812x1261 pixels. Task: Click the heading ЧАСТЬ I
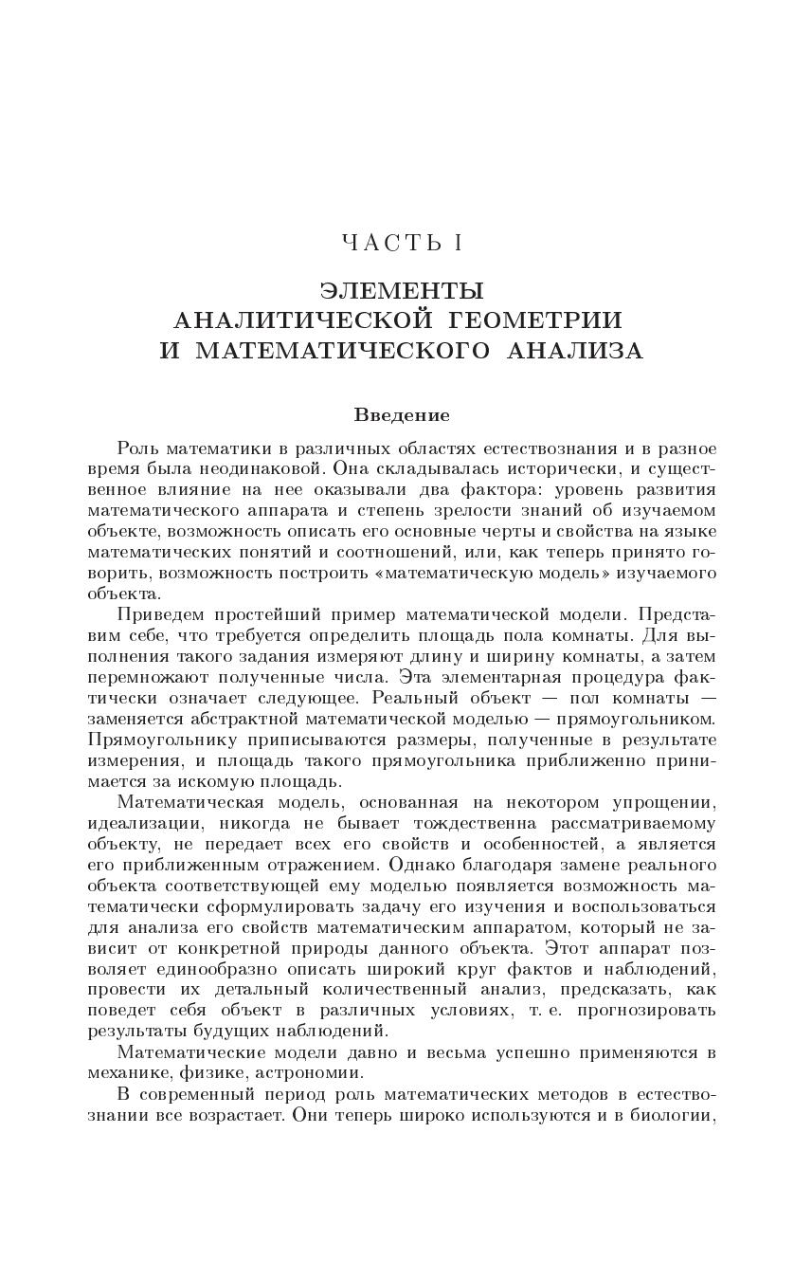[402, 243]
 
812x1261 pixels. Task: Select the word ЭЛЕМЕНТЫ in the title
[402, 290]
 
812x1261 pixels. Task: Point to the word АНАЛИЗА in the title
[576, 352]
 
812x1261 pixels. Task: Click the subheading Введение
[402, 415]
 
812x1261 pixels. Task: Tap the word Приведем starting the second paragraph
[163, 614]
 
